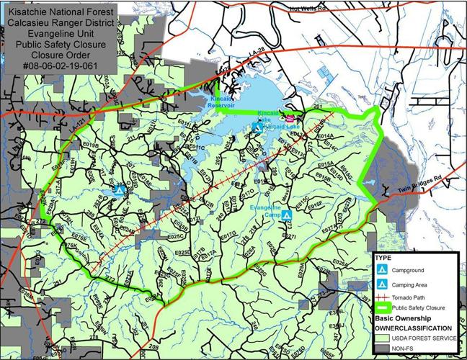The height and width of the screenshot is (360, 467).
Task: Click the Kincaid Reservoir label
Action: [x=216, y=102]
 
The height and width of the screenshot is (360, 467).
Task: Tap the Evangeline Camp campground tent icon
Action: [x=287, y=215]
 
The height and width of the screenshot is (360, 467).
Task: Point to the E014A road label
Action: [x=325, y=136]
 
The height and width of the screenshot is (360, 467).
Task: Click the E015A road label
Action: [x=326, y=164]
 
